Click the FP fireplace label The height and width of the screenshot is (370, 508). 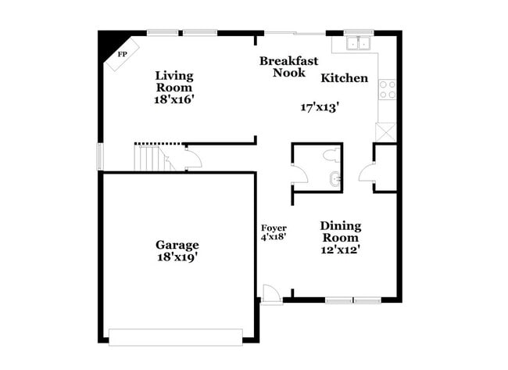tap(122, 55)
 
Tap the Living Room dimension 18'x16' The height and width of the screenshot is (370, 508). tap(174, 99)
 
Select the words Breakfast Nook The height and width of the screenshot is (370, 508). tap(288, 66)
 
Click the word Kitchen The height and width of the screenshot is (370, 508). tap(344, 78)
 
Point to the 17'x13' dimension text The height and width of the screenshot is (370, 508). tap(320, 107)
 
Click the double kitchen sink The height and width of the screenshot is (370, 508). tap(359, 43)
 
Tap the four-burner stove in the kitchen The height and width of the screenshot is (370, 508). tap(387, 90)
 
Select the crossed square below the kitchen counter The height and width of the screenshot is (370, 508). tap(386, 131)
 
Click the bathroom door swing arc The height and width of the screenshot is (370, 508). tap(301, 174)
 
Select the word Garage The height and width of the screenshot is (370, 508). tap(177, 244)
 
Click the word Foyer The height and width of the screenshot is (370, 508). tap(274, 228)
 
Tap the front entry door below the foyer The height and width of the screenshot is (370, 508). tap(271, 295)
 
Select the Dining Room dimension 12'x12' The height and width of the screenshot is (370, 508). tap(340, 250)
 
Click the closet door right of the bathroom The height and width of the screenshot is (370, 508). tap(367, 173)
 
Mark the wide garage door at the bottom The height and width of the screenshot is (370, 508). tap(175, 337)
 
